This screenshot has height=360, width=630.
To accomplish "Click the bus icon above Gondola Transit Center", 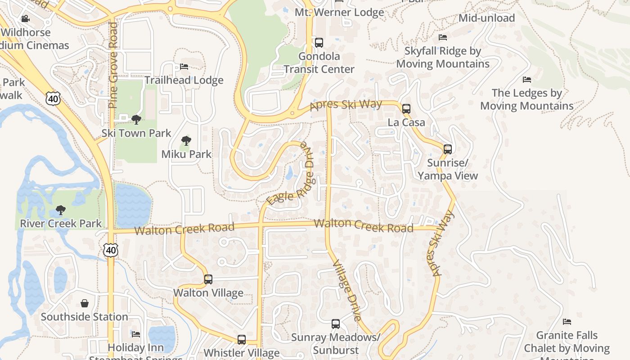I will click(319, 43).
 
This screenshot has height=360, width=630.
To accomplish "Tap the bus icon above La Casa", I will click(406, 108).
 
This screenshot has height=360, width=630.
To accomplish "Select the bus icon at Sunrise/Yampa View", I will click(447, 149).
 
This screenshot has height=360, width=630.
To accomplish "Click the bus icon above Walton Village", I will click(208, 279).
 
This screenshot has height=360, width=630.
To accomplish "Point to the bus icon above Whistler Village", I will click(242, 339).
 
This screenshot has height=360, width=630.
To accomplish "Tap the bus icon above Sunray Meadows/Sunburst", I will click(335, 324).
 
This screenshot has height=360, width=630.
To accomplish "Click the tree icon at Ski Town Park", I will click(136, 120).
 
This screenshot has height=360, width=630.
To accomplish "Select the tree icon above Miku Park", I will click(186, 140).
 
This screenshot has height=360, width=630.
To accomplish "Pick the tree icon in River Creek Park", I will click(61, 210).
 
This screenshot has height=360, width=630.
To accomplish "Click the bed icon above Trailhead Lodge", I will click(184, 67).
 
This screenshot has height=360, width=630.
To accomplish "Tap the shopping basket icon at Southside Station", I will click(85, 303).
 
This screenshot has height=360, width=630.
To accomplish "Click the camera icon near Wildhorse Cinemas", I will click(26, 18).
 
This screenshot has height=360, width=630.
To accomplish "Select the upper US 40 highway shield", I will click(53, 98).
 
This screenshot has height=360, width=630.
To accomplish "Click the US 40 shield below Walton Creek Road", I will click(110, 250).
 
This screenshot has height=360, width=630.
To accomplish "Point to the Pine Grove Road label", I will click(112, 65).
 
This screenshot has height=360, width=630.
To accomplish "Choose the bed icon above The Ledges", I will click(526, 80).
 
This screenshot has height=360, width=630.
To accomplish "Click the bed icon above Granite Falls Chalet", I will click(567, 321).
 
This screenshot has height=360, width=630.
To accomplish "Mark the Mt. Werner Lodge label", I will click(339, 12).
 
